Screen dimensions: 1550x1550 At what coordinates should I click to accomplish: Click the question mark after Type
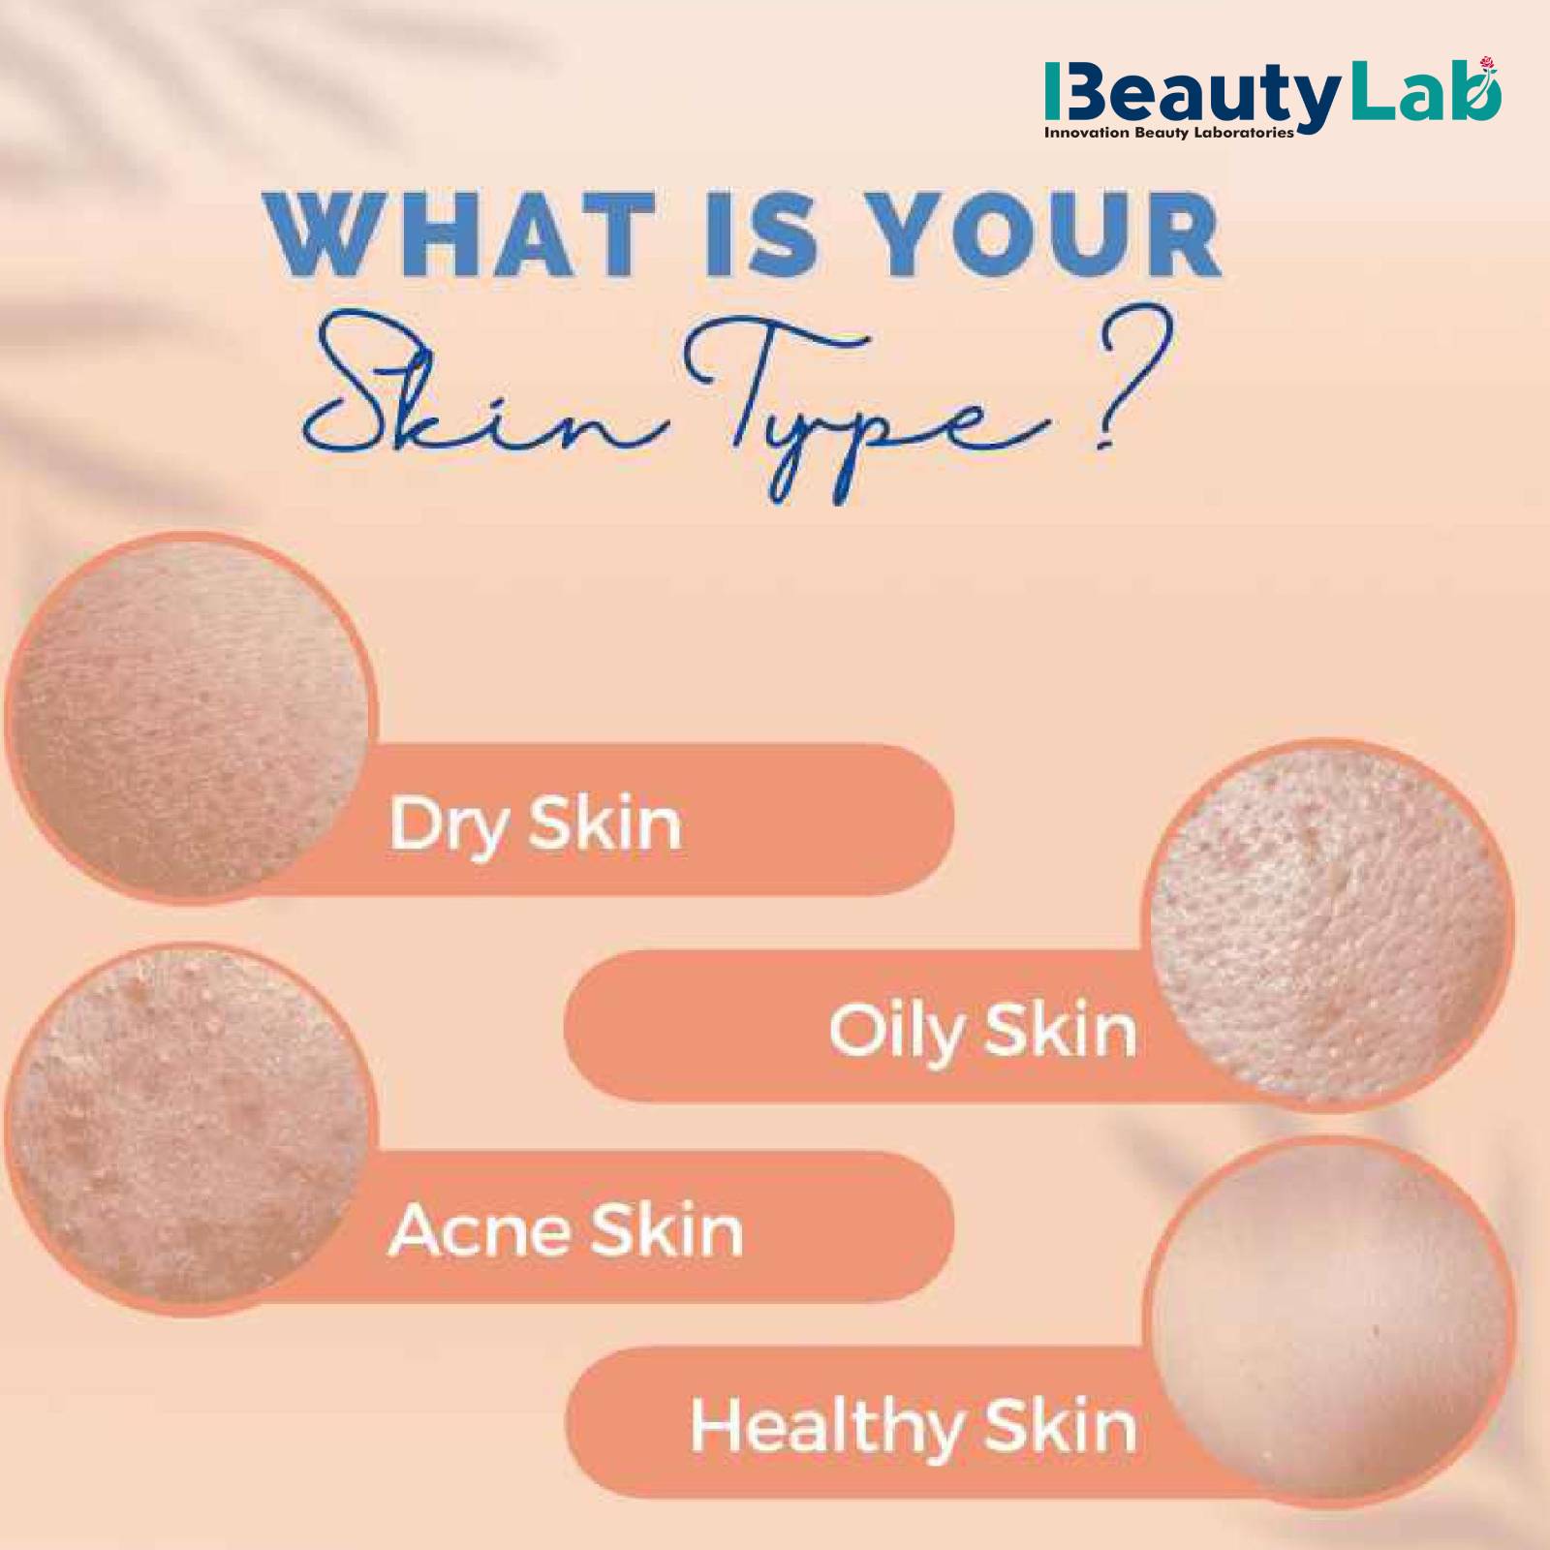pyautogui.click(x=1130, y=384)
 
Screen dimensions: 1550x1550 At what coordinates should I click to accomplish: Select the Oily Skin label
pyautogui.click(x=982, y=1031)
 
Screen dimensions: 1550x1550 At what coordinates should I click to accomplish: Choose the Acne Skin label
pyautogui.click(x=566, y=1230)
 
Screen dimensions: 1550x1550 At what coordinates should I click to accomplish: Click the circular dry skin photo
pyautogui.click(x=191, y=717)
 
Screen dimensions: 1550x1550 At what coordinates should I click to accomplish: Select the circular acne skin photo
pyautogui.click(x=191, y=1130)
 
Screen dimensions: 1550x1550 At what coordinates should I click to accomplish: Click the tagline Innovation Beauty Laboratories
pyautogui.click(x=1169, y=133)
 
